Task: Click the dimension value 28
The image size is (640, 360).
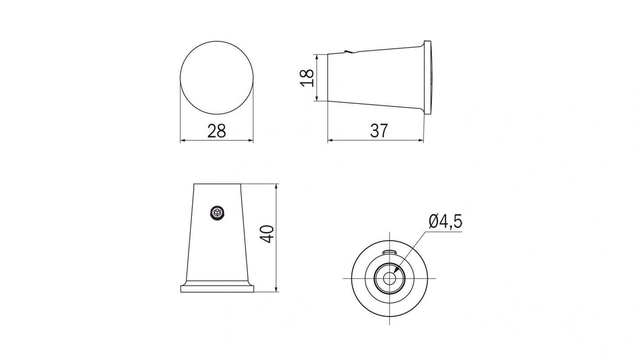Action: [x=217, y=131]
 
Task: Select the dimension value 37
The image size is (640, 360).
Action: [x=379, y=131]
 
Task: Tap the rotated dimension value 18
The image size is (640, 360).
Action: [x=307, y=77]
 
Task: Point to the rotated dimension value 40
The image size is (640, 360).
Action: [x=267, y=234]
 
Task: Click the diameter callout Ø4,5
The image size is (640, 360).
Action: [x=445, y=221]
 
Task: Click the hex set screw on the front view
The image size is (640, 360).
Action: [x=217, y=213]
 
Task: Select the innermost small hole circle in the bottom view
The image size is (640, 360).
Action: [x=389, y=278]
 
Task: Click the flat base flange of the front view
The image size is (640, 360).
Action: [x=217, y=289]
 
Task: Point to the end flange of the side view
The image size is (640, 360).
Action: [x=427, y=77]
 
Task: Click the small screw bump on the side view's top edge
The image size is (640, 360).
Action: [x=349, y=52]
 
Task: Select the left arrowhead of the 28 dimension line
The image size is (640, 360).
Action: [x=182, y=141]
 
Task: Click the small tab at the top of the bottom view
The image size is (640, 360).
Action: [x=389, y=252]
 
